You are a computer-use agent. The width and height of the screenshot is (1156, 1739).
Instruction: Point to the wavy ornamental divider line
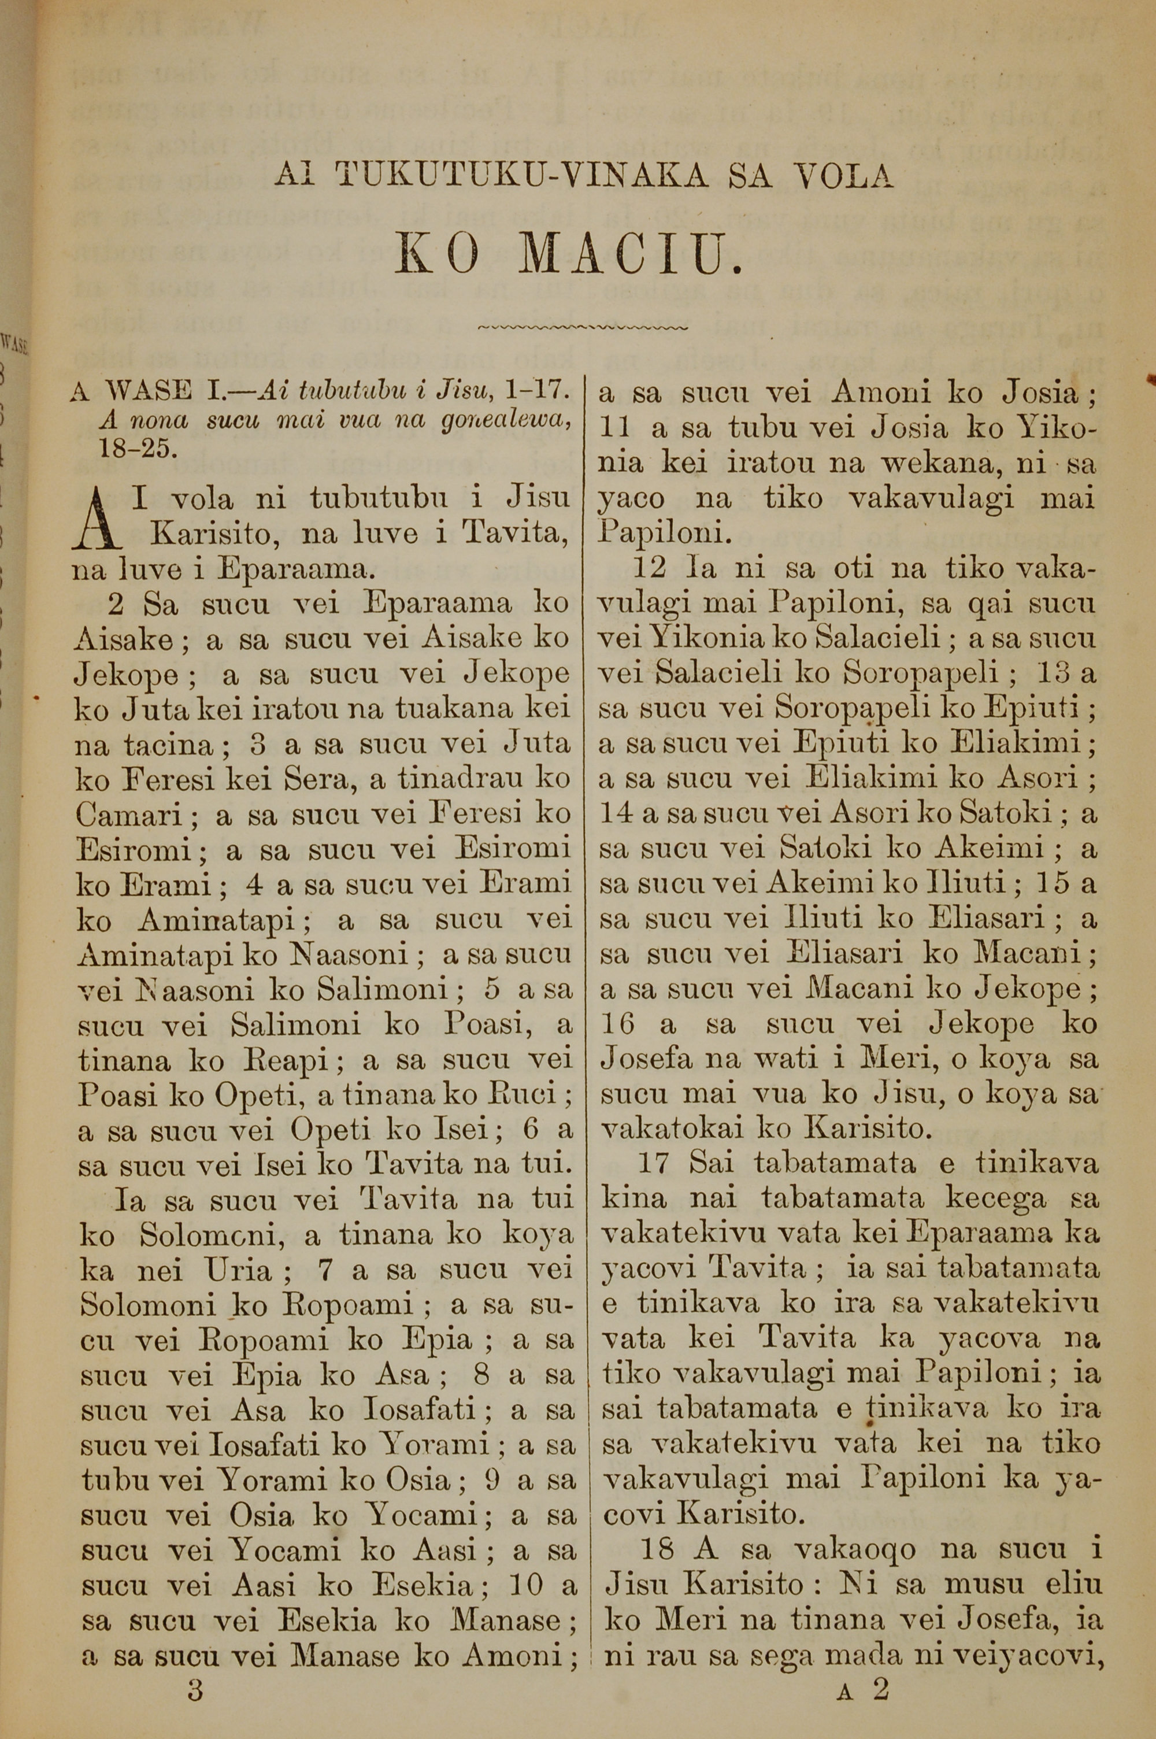tap(583, 327)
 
